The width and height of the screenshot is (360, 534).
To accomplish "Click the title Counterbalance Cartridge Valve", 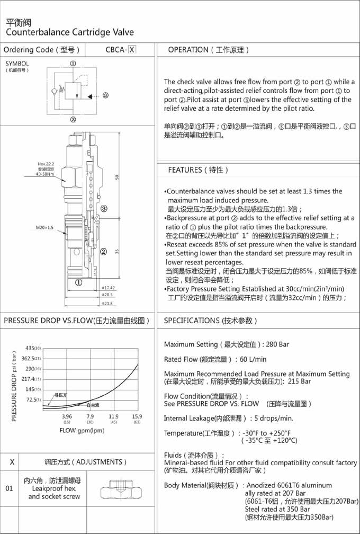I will pyautogui.click(x=70, y=32).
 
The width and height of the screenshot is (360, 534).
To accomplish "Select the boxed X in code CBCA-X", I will pyautogui.click(x=132, y=50).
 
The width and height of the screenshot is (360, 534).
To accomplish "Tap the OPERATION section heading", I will pyautogui.click(x=208, y=50).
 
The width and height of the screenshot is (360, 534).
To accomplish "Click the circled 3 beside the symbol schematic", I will pyautogui.click(x=105, y=95).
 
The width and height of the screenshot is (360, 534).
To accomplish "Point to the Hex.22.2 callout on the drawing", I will pyautogui.click(x=46, y=164).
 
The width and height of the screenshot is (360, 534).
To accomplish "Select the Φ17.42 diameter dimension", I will pyautogui.click(x=108, y=288).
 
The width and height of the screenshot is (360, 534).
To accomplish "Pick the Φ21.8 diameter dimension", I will pyautogui.click(x=108, y=303).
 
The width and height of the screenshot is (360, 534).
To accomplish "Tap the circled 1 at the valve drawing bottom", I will pyautogui.click(x=78, y=282).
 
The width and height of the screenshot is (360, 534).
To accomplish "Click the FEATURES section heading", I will pyautogui.click(x=198, y=170).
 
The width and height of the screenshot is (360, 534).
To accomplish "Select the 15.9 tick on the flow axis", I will pyautogui.click(x=137, y=416).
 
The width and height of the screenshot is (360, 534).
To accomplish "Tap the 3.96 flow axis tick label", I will pyautogui.click(x=67, y=416).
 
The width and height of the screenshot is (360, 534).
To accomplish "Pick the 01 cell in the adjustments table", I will pyautogui.click(x=10, y=488).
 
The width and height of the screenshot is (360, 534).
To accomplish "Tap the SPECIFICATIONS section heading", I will pyautogui.click(x=210, y=321).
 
